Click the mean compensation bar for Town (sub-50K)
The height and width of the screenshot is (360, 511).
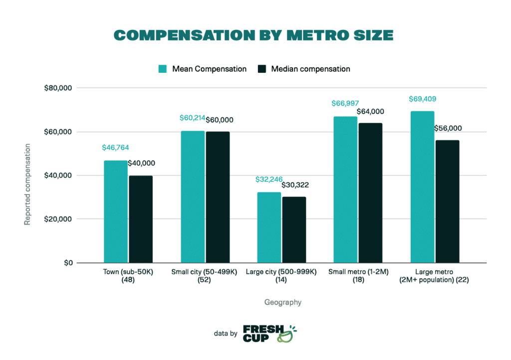[115, 212]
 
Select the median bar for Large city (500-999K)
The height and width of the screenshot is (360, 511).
[294, 230]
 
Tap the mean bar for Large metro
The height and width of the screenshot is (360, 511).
[422, 187]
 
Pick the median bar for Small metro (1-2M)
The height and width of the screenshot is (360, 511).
[370, 193]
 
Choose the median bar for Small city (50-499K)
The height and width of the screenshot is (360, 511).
[218, 197]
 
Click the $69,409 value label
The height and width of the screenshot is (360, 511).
[422, 99]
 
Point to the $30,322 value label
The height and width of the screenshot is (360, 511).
[295, 185]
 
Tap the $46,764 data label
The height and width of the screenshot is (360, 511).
[115, 148]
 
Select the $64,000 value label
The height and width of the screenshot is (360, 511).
[370, 111]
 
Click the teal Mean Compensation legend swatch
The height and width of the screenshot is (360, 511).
[163, 69]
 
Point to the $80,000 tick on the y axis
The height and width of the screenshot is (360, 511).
[59, 88]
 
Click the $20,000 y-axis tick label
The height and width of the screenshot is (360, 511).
[59, 219]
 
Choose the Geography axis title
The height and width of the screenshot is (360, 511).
[283, 302]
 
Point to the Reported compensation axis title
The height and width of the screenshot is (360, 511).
[27, 185]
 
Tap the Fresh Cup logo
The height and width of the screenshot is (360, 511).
[270, 334]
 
